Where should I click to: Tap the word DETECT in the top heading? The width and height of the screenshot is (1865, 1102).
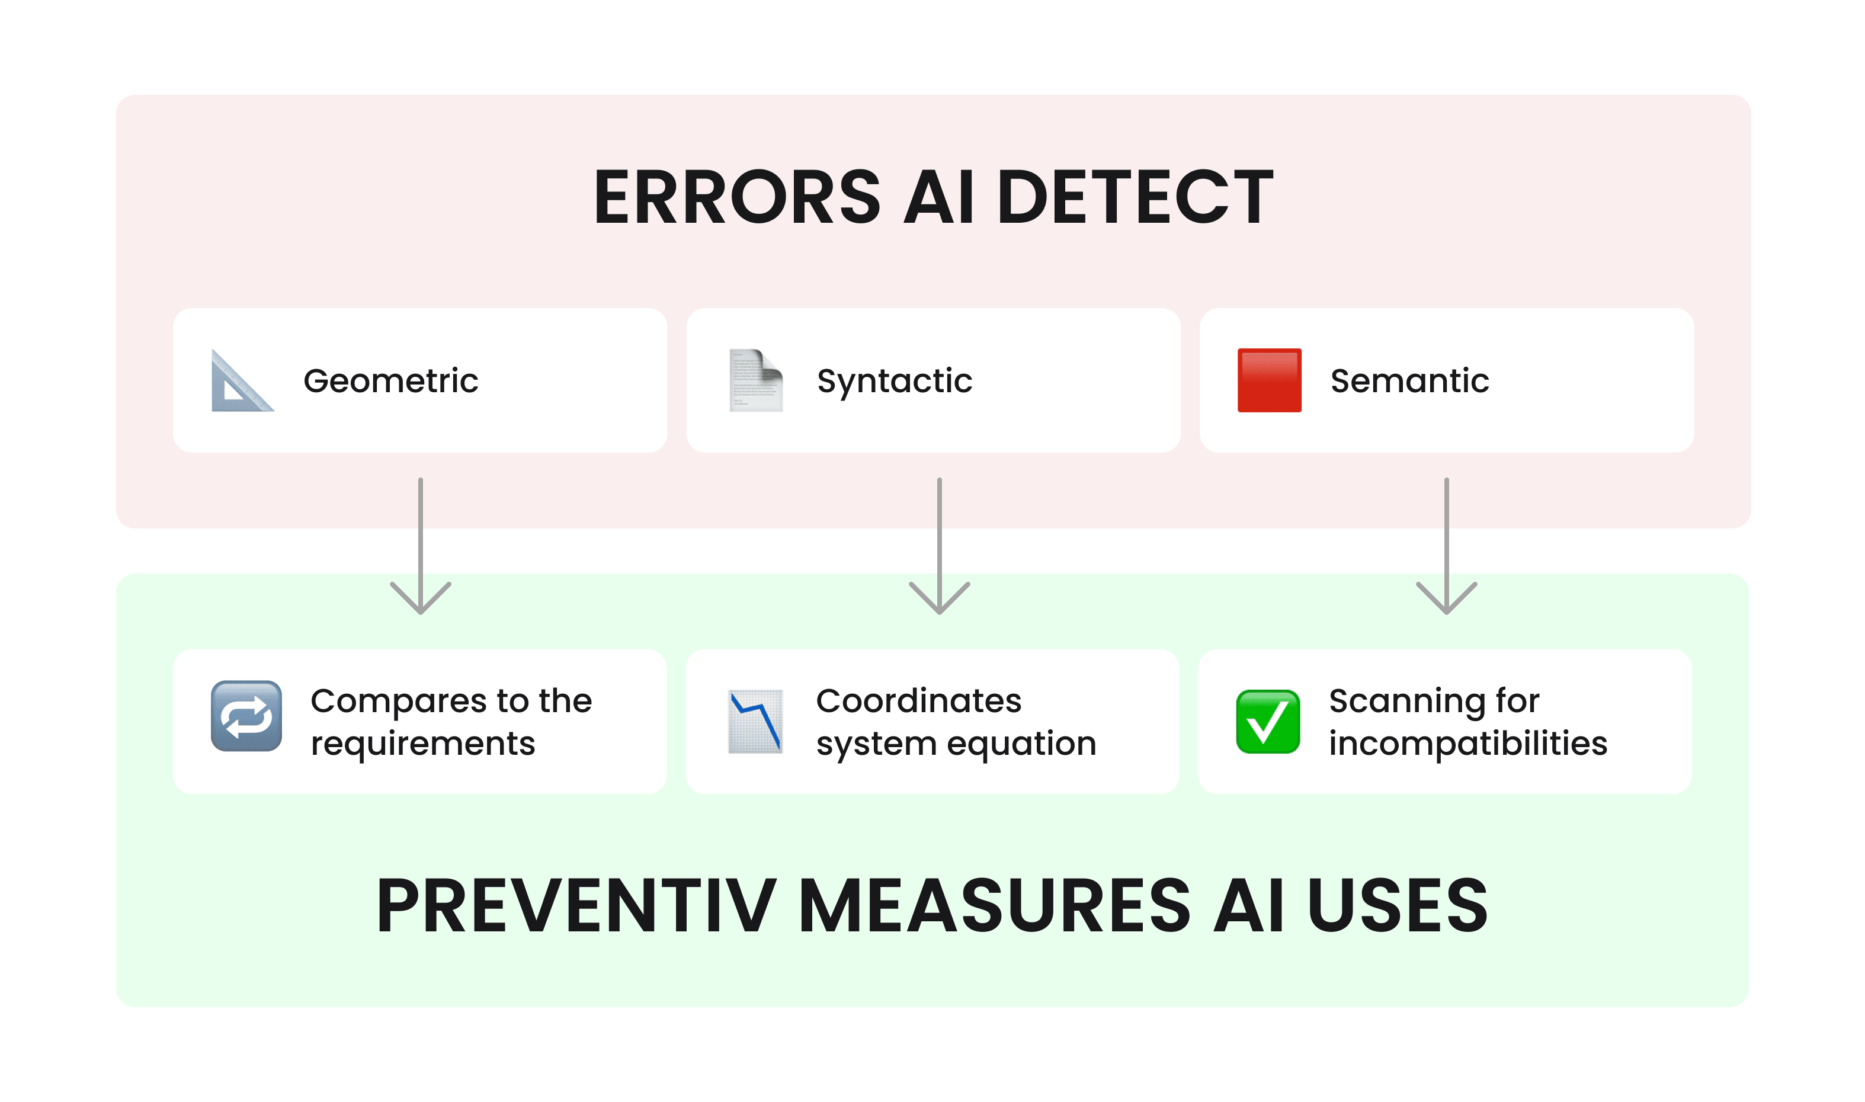(x=1135, y=197)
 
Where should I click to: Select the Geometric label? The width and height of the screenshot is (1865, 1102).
(x=390, y=381)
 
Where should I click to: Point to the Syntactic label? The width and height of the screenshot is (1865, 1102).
(x=894, y=381)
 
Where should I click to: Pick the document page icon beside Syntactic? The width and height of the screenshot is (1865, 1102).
(x=755, y=380)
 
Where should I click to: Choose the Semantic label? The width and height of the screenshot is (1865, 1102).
(x=1409, y=381)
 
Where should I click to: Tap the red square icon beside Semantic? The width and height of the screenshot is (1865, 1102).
(x=1269, y=380)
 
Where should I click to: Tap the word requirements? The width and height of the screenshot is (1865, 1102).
(x=422, y=744)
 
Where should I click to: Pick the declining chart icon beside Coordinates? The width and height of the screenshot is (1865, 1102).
(x=755, y=721)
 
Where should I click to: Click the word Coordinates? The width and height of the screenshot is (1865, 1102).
(x=918, y=700)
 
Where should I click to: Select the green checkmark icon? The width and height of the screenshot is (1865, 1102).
(x=1267, y=721)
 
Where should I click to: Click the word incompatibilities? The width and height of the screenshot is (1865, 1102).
(x=1468, y=744)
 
